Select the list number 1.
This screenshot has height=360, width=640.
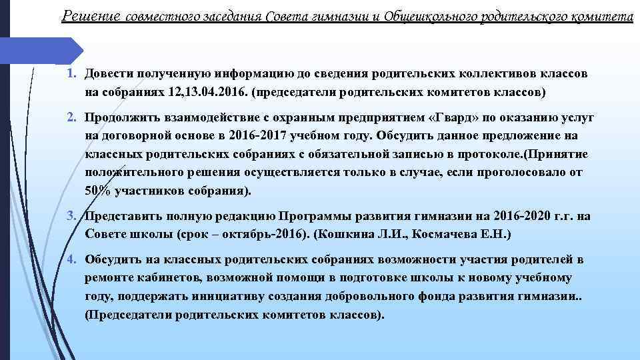tap(73, 75)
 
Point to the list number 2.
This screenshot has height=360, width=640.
tap(73, 118)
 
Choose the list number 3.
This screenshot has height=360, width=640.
tap(73, 217)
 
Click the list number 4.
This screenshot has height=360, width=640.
tap(73, 259)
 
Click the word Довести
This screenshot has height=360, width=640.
tap(110, 75)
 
